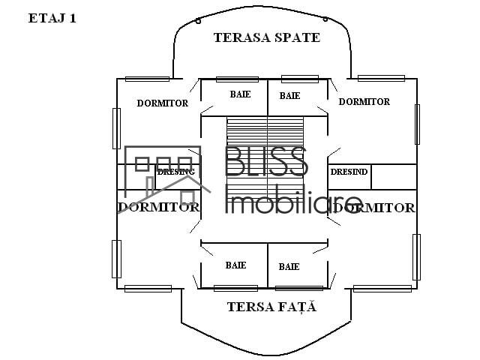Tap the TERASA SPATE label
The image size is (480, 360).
coord(266,37)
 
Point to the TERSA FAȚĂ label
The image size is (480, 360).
coord(271,307)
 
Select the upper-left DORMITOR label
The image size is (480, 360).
coord(162,103)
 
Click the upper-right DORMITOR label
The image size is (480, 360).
coord(364,101)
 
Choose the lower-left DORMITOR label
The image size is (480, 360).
coord(158,207)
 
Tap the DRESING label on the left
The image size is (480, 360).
coord(176,172)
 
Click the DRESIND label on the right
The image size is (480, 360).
coord(349,172)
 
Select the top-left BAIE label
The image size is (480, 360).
coord(240,94)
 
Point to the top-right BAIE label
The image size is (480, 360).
coord(289,95)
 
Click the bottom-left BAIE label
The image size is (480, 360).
coord(235,265)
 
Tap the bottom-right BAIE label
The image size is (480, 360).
coord(289,266)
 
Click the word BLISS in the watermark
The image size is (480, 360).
coord(265,163)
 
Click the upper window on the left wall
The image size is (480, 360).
coord(116,128)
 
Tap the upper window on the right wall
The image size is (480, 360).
coord(417,123)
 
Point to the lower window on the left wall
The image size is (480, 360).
coord(116,259)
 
